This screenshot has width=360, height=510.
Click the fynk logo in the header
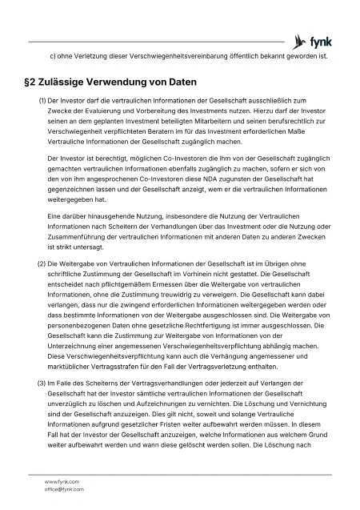tap(314, 40)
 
